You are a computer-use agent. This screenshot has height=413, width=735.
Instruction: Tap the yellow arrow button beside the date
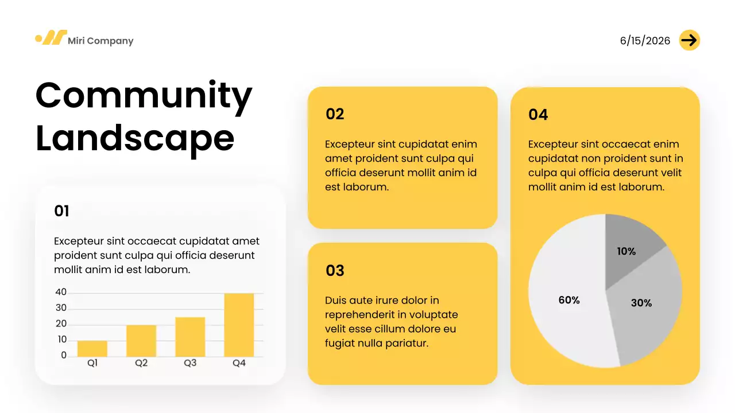coord(689,40)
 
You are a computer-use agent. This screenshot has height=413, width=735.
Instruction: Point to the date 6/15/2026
coord(645,41)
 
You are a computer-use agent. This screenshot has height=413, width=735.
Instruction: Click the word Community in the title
coord(144,95)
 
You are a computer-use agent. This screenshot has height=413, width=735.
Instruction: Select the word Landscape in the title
coord(135,138)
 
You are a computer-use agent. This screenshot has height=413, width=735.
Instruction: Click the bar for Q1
coord(92,348)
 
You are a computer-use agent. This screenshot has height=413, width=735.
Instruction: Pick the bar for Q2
coord(141,341)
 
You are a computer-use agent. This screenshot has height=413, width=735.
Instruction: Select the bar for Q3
coord(190,337)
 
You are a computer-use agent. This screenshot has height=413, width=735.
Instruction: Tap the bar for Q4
coord(239,325)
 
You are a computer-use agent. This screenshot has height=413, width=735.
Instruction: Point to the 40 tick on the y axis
coord(61,293)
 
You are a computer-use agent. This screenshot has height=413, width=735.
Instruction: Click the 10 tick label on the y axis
coord(61,340)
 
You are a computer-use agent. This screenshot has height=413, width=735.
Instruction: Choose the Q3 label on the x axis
coord(190,363)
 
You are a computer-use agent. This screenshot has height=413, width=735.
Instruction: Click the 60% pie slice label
coord(569,300)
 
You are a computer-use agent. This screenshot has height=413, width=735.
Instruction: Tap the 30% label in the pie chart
coord(641,303)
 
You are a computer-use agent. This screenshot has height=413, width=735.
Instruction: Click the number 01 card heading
coord(61,211)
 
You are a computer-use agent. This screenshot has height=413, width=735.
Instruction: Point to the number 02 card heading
coord(335,114)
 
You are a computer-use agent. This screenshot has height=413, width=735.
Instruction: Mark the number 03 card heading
coord(335,271)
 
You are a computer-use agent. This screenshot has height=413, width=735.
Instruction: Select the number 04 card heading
coord(538,115)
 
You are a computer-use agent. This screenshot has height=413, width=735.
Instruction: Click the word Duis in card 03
coord(335,300)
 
